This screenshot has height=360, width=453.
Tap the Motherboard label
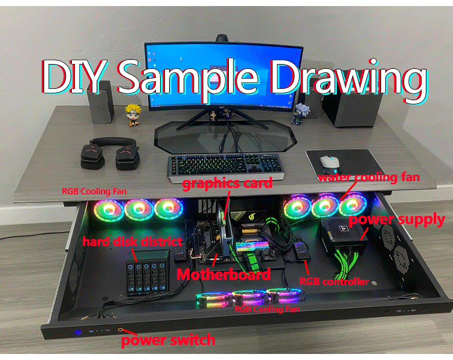pos(223,275)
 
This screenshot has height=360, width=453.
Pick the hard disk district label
pos(132,242)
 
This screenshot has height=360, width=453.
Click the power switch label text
pos(168,340)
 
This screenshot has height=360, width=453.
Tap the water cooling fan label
pos(368,177)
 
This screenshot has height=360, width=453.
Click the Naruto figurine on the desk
pos(132,114)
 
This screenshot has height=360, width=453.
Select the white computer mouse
pos(329,162)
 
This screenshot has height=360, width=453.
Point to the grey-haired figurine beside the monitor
pos(301,113)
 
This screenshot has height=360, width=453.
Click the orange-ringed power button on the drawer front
pos(121,331)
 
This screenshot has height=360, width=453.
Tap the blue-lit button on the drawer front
pos(77,332)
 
